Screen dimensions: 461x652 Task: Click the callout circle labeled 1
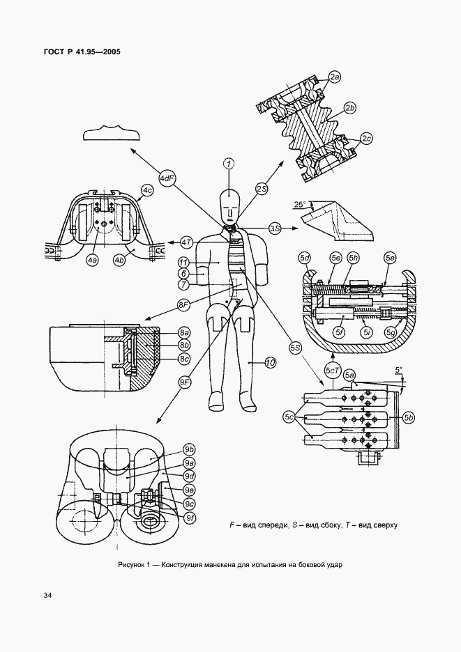(x=228, y=164)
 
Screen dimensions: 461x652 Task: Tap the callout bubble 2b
(x=350, y=108)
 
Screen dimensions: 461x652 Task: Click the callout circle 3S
(x=274, y=228)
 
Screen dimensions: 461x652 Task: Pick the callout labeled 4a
(x=93, y=261)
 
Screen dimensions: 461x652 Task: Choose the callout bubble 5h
(x=355, y=258)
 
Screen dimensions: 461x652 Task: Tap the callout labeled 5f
(x=341, y=332)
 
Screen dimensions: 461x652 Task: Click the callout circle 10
(x=270, y=363)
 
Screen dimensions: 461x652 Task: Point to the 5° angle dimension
(x=398, y=369)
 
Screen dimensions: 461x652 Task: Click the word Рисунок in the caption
(x=131, y=565)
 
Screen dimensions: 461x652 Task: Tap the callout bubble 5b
(x=408, y=417)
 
